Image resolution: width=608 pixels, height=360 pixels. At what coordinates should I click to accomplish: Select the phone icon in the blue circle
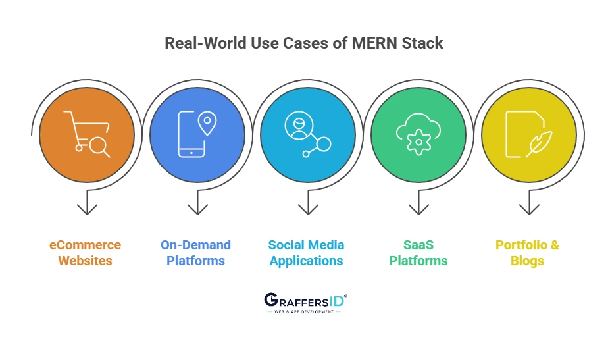point(191,136)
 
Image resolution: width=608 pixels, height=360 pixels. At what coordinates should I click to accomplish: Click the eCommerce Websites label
point(86,253)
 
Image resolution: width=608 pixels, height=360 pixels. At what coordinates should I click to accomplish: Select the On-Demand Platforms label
point(196,253)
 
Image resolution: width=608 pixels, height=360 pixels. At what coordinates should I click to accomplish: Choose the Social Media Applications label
point(306,253)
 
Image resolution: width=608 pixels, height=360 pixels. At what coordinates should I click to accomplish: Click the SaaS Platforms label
point(418,253)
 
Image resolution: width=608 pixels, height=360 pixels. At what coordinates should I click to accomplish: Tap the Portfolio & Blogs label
point(528,253)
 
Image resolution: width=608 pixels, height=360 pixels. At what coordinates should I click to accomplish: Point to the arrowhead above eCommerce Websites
point(87,209)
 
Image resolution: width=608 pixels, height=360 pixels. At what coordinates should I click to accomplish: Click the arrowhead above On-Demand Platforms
point(197,209)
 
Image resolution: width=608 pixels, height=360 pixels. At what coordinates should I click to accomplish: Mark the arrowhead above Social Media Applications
point(308,209)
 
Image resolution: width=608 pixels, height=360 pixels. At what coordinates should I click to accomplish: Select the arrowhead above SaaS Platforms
point(418,209)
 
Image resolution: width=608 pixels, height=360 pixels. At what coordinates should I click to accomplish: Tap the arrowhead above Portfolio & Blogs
point(529,209)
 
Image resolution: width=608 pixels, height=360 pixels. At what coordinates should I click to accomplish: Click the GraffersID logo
point(305,302)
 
